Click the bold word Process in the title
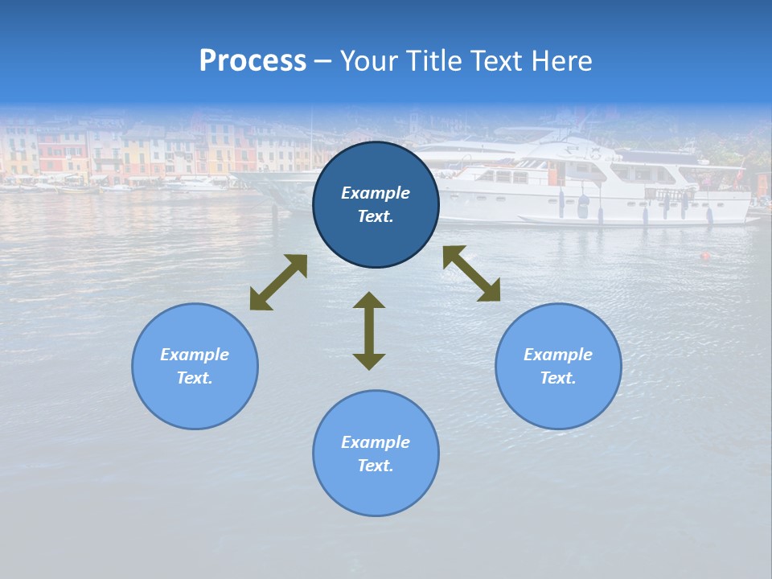[x=253, y=61]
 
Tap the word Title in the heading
[x=432, y=61]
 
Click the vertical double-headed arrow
[x=369, y=331]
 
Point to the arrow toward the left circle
[x=278, y=282]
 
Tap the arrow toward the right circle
[x=471, y=273]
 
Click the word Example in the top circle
[x=376, y=193]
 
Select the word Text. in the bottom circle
[x=376, y=466]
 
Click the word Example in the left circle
[x=195, y=355]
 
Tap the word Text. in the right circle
[x=558, y=378]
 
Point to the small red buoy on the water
[x=705, y=257]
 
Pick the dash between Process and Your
[x=322, y=62]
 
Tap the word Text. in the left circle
[x=195, y=378]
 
